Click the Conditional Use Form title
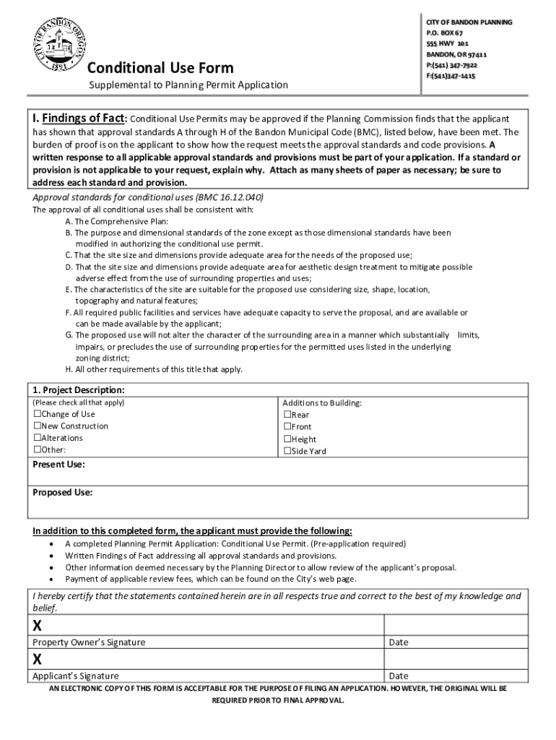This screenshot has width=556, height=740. tap(160, 68)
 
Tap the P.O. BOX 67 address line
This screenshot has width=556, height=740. tap(445, 33)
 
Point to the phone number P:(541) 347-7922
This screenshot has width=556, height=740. tap(456, 65)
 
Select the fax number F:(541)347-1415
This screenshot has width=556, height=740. tap(451, 76)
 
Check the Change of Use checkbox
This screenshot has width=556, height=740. tap(38, 414)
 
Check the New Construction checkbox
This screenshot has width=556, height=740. tap(38, 426)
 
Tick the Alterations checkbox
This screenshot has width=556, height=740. tap(38, 438)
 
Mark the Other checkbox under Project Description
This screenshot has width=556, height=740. tap(38, 449)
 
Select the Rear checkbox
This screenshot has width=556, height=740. tap(287, 415)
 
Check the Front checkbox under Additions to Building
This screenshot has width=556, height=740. tap(287, 427)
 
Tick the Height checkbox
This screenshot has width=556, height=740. tap(287, 439)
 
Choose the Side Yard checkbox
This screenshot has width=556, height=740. tap(287, 451)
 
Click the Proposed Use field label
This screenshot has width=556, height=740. tap(62, 493)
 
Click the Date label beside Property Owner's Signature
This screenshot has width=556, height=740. tap(398, 642)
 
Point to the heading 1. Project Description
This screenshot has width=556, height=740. tap(79, 390)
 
